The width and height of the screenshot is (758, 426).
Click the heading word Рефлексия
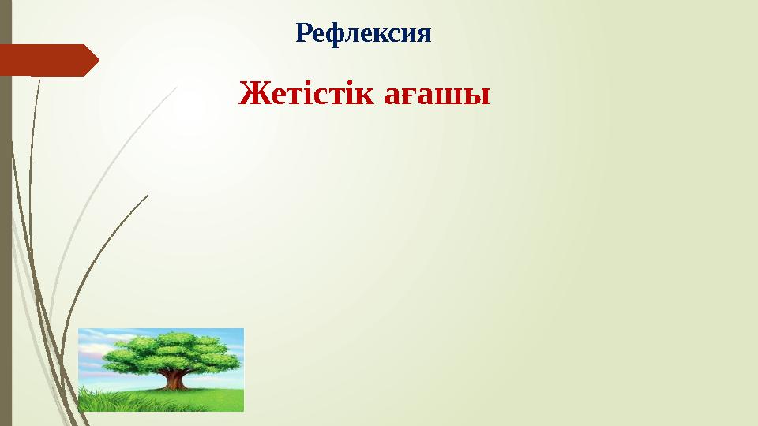tap(364, 34)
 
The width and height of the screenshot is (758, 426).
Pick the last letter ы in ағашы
tap(477, 98)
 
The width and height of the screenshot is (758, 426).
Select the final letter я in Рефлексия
tap(423, 35)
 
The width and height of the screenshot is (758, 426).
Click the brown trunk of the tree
tap(174, 379)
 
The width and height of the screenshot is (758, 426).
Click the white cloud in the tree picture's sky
tap(99, 347)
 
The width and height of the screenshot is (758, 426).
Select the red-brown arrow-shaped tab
tap(47, 60)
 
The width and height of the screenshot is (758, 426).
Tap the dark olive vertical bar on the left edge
tap(6, 237)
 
